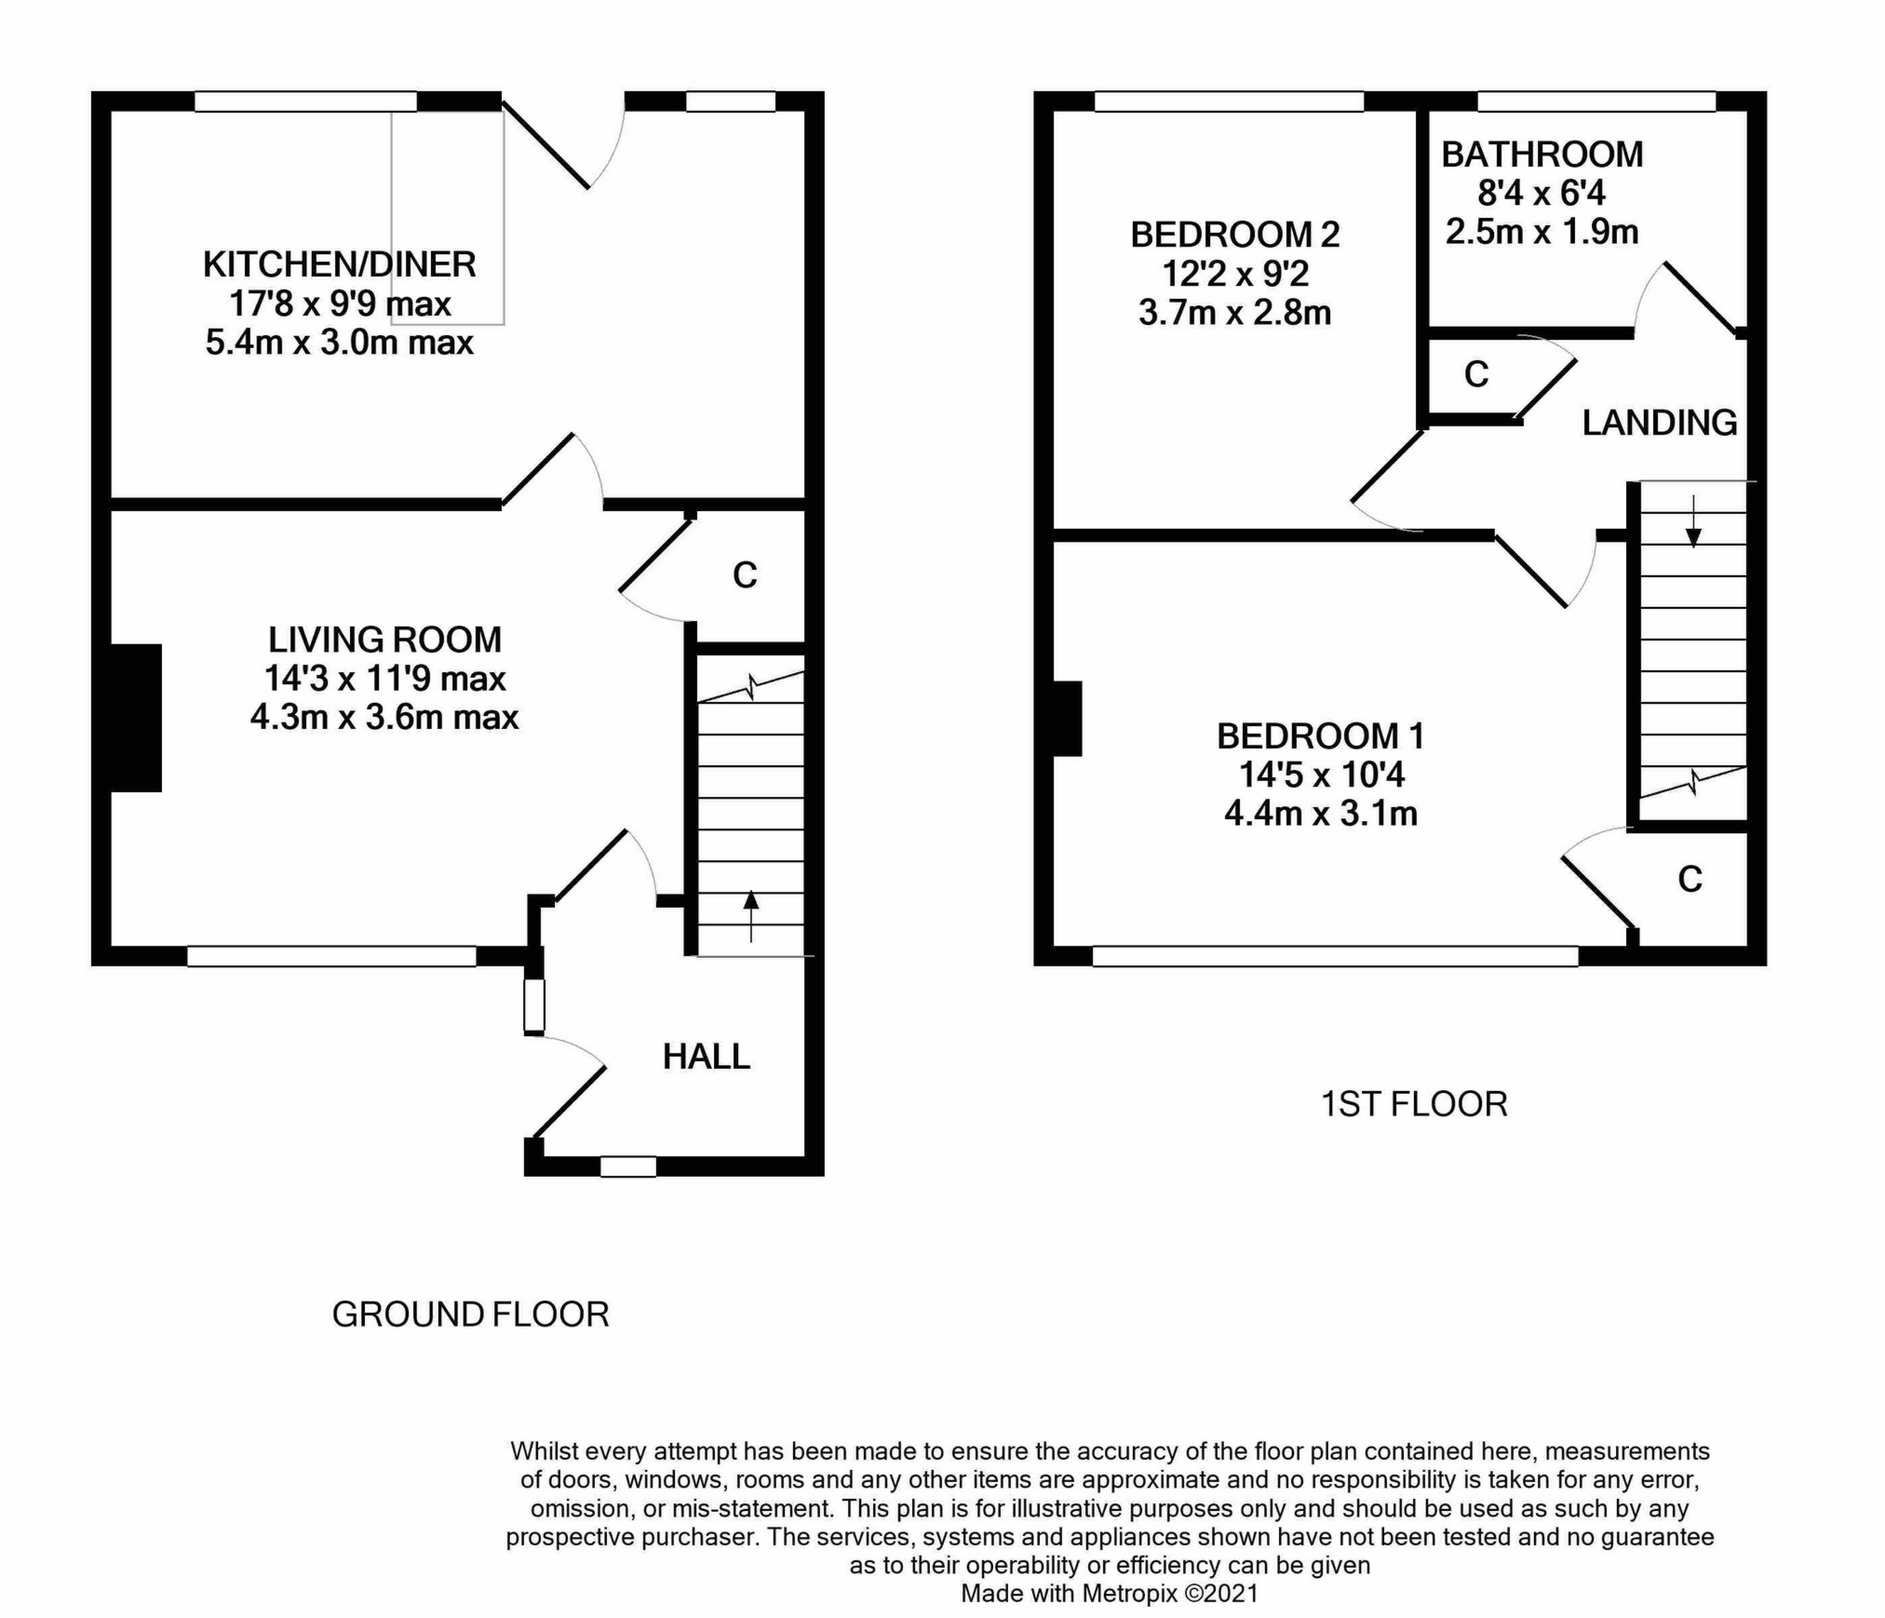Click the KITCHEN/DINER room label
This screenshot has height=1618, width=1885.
coord(339,265)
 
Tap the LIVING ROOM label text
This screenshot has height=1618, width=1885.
coord(384,640)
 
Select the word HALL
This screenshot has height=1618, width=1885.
coord(706,1057)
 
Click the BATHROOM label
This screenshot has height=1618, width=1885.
coord(1542,155)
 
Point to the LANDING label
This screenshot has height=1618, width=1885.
coord(1659,423)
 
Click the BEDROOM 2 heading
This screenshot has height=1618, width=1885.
coord(1234,235)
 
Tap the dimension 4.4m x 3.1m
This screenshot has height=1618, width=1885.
coord(1320,814)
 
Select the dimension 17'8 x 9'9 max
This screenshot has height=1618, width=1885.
coord(339,303)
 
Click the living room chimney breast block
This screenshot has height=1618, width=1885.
coord(136,718)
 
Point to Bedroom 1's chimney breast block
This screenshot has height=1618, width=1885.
coord(1067,719)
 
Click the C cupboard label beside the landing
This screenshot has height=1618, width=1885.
coord(1476,374)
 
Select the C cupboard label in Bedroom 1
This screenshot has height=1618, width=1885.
coord(1690,879)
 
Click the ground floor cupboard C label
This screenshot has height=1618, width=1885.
coord(745,575)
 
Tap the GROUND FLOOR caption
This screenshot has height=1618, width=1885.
coord(470,1315)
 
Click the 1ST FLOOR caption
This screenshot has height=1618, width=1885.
coord(1413,1104)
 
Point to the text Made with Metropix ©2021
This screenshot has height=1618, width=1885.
coord(1109,1594)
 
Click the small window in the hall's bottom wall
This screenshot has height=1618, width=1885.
coord(628,1166)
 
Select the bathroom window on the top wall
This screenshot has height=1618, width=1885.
coord(1596,101)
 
